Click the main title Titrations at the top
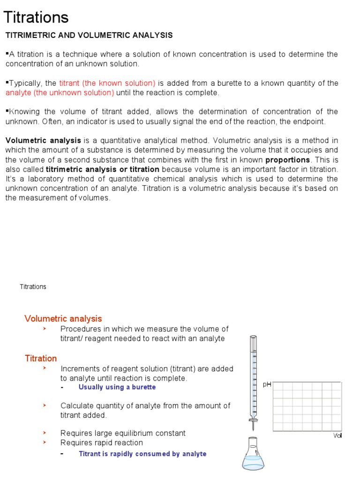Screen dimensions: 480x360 tap(36, 17)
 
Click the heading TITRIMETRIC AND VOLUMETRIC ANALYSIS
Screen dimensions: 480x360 tap(89, 35)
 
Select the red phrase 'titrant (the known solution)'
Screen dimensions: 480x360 tap(107, 83)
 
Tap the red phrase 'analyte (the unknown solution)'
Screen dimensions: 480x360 tap(60, 92)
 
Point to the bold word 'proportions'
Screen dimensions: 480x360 tap(287, 159)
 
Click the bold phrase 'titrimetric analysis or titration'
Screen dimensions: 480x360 tap(103, 169)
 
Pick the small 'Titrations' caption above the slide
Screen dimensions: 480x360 tap(33, 286)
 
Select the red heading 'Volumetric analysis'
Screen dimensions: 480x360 tap(63, 319)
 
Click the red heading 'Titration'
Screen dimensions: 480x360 tap(41, 358)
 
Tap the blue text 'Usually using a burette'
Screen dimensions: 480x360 tap(117, 387)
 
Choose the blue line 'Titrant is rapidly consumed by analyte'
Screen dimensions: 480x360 tap(142, 454)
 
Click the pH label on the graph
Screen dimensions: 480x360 tap(267, 384)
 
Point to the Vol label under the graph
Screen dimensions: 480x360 tap(337, 436)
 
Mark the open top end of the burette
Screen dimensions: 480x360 tap(253, 337)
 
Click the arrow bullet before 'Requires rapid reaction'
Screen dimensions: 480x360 tap(45, 442)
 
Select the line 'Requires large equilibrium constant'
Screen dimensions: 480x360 tap(123, 433)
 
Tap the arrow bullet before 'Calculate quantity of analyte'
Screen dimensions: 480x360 tap(45, 405)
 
